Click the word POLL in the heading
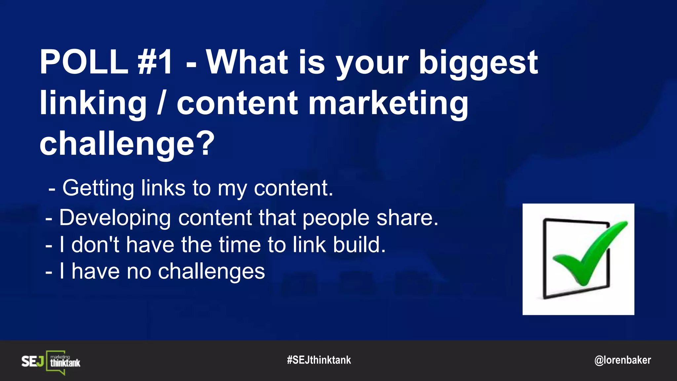pos(84,62)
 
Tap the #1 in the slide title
pos(155,62)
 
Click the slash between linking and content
pos(161,103)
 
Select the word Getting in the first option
pos(98,189)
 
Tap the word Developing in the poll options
pos(115,218)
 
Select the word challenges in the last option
pos(211,272)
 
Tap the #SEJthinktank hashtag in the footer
pos(319,360)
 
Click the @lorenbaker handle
pos(622,360)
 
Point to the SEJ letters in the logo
pos(32,361)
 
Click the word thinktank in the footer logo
pos(65,363)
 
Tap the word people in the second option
pos(336,218)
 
